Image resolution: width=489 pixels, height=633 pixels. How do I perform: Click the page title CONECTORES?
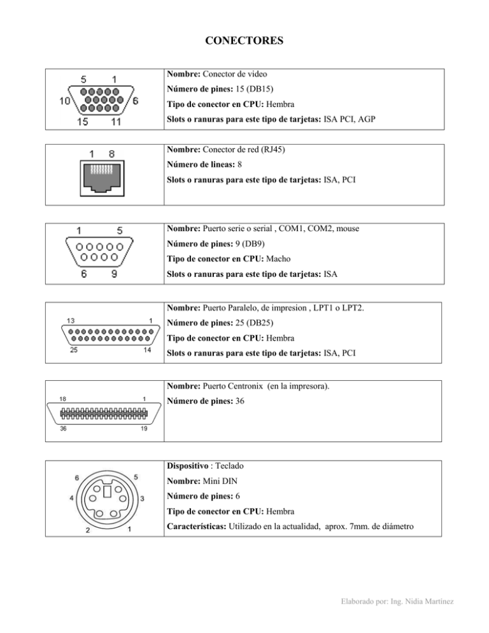[244, 42]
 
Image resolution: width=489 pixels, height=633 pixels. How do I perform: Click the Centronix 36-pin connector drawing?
[104, 413]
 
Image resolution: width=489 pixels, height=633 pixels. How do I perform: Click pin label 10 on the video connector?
[65, 101]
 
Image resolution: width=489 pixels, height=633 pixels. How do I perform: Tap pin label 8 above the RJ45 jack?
[111, 153]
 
